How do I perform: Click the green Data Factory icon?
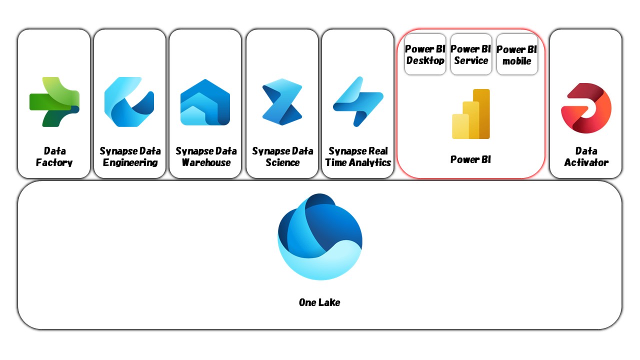54,101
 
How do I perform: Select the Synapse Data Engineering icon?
129,101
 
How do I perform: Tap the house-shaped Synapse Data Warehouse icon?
205,102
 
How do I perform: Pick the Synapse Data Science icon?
282,102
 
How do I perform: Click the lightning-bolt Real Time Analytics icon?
358,101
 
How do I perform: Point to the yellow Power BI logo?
471,114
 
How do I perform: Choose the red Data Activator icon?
586,108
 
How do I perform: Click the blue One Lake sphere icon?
320,236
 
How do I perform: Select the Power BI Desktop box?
425,54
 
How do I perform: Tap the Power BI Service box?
471,54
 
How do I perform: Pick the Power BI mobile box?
517,54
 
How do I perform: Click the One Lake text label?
319,302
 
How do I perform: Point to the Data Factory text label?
54,156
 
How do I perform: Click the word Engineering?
130,162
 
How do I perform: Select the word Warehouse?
206,162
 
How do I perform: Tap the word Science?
282,162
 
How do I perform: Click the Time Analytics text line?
358,162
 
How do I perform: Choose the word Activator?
586,162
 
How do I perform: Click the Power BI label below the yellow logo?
470,159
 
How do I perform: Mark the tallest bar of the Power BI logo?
481,113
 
